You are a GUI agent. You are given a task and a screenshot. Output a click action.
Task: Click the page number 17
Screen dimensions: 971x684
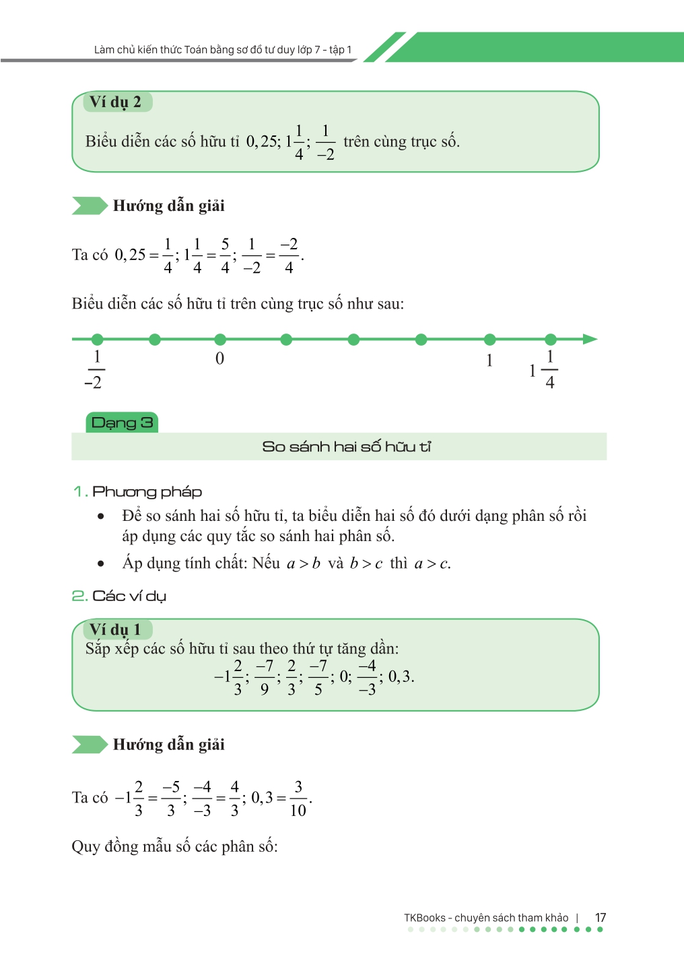pyautogui.click(x=601, y=918)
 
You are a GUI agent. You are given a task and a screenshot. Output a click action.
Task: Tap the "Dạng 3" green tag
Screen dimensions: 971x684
pyautogui.click(x=122, y=422)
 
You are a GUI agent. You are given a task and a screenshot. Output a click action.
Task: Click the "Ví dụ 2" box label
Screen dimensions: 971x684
pyautogui.click(x=116, y=102)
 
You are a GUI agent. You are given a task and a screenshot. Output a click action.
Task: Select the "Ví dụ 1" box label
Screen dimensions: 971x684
pyautogui.click(x=116, y=629)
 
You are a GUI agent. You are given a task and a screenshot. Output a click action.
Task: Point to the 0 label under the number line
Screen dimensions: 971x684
pyautogui.click(x=219, y=358)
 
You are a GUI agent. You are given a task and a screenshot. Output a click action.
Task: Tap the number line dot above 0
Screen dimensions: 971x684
pyautogui.click(x=220, y=339)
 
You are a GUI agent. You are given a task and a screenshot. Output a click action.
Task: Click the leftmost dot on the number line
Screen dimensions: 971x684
pyautogui.click(x=98, y=339)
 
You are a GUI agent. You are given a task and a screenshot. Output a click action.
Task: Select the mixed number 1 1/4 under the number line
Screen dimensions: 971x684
pyautogui.click(x=544, y=370)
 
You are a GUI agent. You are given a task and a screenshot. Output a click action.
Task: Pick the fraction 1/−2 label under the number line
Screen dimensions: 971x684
pyautogui.click(x=94, y=370)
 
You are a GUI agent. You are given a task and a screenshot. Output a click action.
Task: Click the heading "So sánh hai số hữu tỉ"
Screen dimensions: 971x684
pyautogui.click(x=346, y=446)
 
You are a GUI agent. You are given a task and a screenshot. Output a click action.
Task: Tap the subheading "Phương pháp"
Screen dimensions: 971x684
pyautogui.click(x=147, y=491)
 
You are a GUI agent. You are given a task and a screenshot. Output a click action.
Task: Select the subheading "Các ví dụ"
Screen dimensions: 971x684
pyautogui.click(x=129, y=596)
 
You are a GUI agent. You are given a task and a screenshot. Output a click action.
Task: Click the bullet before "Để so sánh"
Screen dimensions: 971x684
pyautogui.click(x=101, y=517)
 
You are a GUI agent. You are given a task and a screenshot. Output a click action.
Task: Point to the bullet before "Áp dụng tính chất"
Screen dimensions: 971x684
pyautogui.click(x=101, y=564)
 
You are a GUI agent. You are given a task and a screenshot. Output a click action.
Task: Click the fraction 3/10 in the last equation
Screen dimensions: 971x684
pyautogui.click(x=298, y=798)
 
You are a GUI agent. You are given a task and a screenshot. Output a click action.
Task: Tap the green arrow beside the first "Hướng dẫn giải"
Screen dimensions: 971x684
pyautogui.click(x=90, y=206)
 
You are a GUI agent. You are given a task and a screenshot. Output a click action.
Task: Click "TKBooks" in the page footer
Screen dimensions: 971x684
pyautogui.click(x=424, y=918)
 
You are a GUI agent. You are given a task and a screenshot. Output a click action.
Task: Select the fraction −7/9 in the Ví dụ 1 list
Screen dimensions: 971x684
pyautogui.click(x=265, y=677)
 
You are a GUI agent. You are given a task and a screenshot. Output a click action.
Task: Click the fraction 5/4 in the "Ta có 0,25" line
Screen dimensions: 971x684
pyautogui.click(x=226, y=256)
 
